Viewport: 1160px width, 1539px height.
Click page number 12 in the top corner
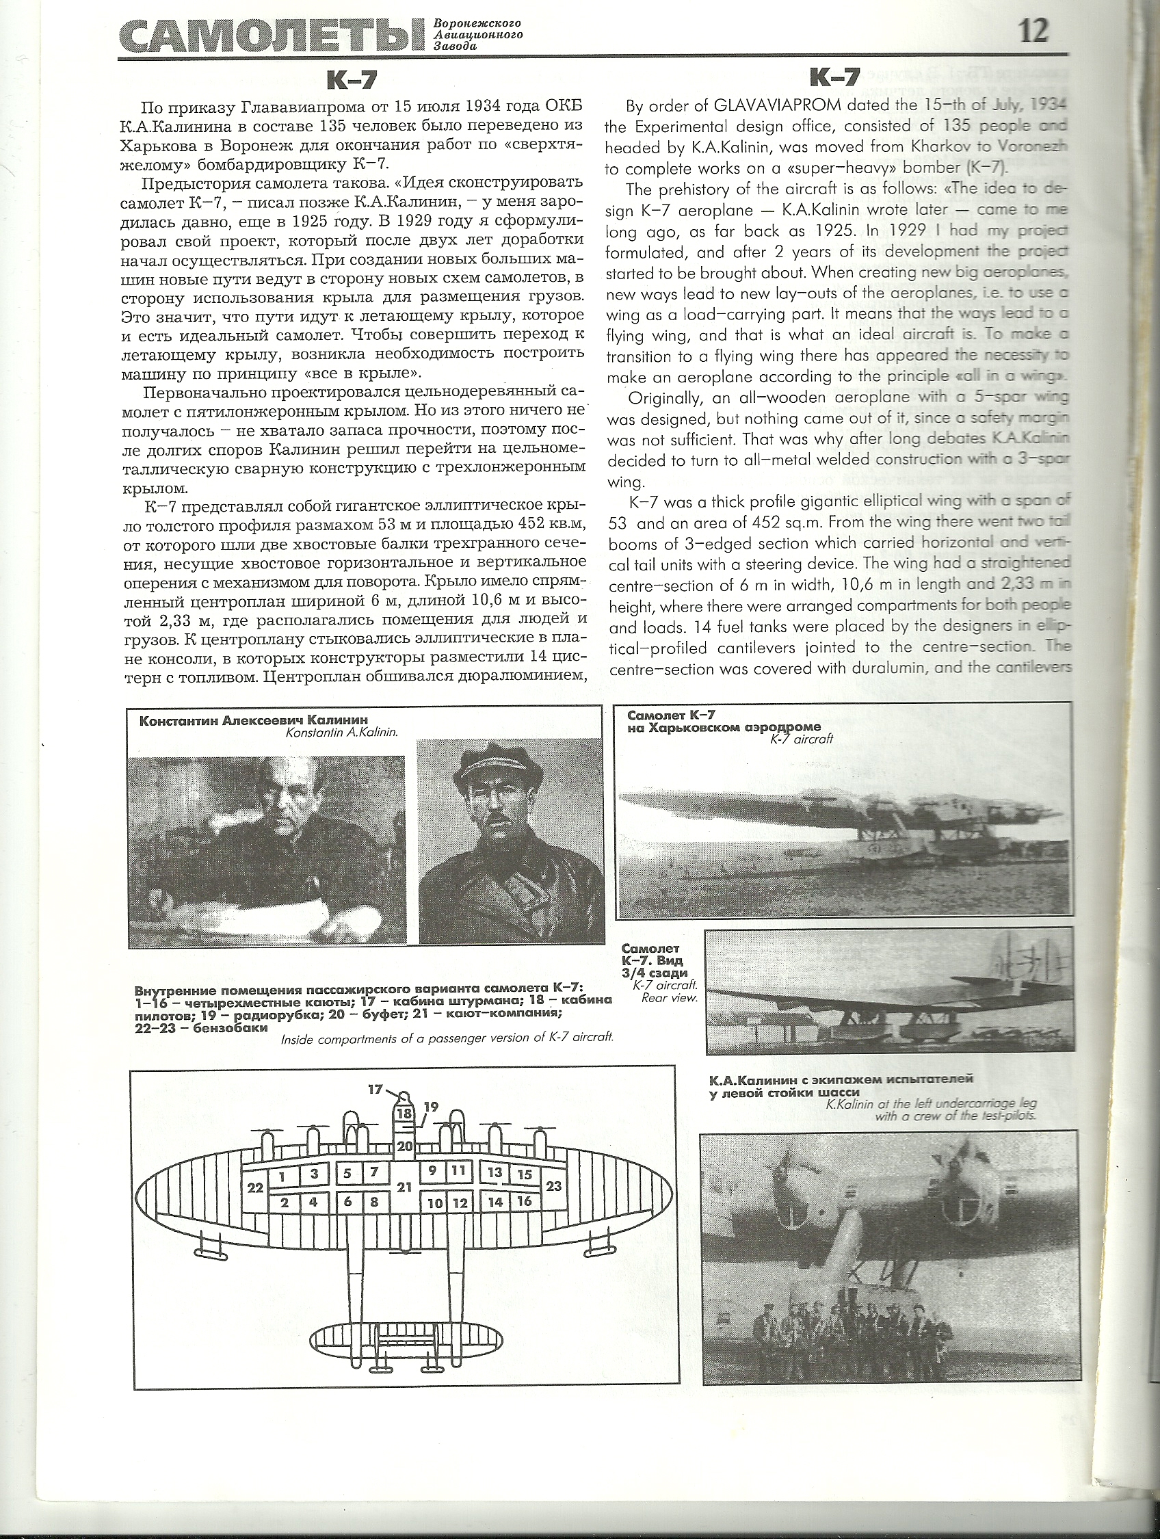1033,31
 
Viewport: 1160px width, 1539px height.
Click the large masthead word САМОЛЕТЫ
272,37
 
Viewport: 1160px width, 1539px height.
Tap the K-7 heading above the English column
835,77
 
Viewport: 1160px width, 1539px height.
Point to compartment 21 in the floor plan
404,1187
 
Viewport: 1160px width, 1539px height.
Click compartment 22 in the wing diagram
255,1187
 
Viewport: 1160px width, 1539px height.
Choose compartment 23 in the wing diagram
554,1185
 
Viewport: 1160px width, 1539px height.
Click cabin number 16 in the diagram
525,1201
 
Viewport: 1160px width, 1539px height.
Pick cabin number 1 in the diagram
282,1176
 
